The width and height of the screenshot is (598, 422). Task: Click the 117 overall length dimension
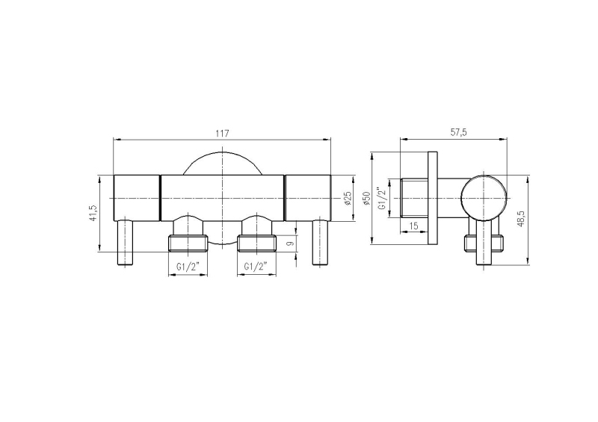tap(222, 134)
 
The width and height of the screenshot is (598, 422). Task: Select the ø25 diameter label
tap(348, 199)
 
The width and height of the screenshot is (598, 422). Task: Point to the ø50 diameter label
tap(367, 198)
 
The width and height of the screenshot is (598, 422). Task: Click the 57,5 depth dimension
tap(458, 132)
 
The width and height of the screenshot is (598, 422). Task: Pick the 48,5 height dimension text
tap(521, 220)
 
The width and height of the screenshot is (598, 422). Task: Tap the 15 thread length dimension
tap(413, 226)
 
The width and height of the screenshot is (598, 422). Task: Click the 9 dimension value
tap(290, 243)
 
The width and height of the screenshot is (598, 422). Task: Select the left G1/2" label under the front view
tap(188, 267)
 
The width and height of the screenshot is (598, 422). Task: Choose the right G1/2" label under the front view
tap(256, 267)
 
